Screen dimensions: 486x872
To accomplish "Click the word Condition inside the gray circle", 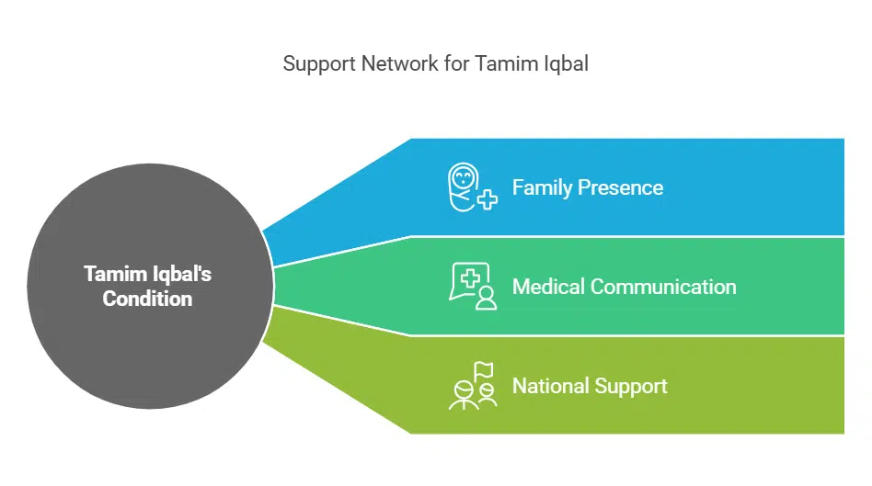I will point(147,299).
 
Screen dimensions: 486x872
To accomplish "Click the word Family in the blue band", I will point(542,187).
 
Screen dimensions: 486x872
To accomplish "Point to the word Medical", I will point(548,287).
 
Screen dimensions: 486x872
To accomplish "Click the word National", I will point(550,386).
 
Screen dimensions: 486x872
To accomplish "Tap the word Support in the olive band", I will point(629,386).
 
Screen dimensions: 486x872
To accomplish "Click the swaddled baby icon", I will point(465,186).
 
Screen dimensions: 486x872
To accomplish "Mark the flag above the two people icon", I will point(484,369).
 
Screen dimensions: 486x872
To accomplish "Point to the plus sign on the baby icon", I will point(487,199).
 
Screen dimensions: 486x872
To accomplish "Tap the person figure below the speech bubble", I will point(486,298).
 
